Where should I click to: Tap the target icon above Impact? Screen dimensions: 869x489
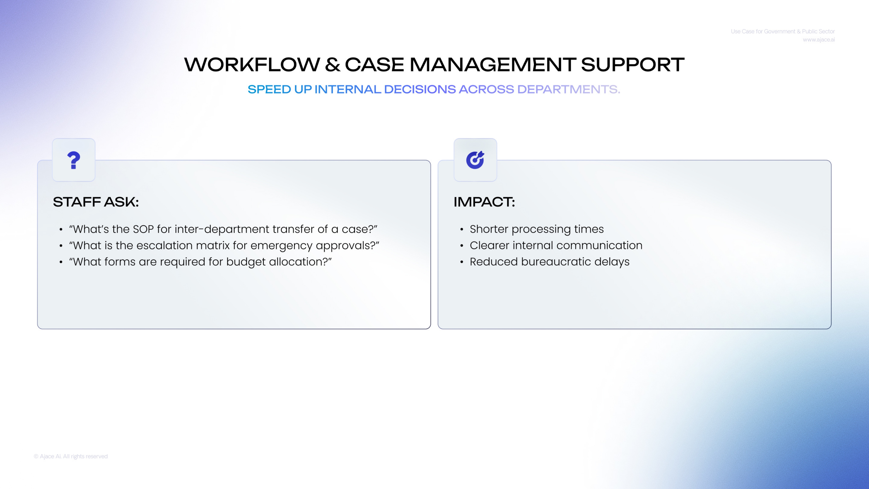click(475, 160)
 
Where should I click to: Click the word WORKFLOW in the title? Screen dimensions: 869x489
click(252, 65)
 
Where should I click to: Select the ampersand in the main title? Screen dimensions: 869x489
click(333, 65)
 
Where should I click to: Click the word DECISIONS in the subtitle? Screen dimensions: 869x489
click(420, 89)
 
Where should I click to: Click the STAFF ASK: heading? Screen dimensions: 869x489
click(96, 202)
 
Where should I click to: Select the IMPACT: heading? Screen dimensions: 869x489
click(484, 202)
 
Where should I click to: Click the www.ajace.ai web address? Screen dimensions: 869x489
click(819, 40)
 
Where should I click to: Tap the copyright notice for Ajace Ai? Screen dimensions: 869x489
click(71, 456)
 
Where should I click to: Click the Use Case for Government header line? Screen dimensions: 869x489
click(783, 31)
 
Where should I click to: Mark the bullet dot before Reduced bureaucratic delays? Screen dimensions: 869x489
click(461, 262)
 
